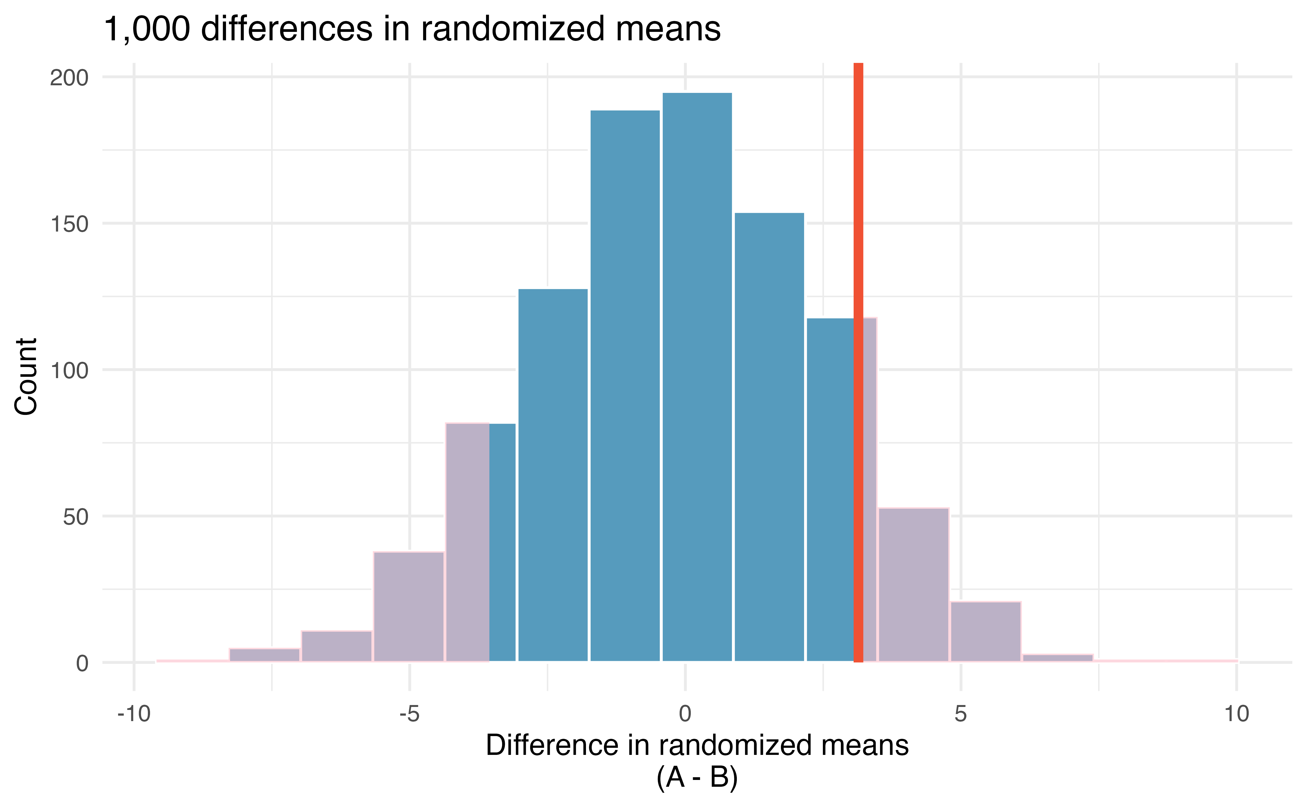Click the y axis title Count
click(26, 376)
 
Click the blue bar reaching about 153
click(769, 437)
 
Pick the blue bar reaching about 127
click(553, 475)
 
